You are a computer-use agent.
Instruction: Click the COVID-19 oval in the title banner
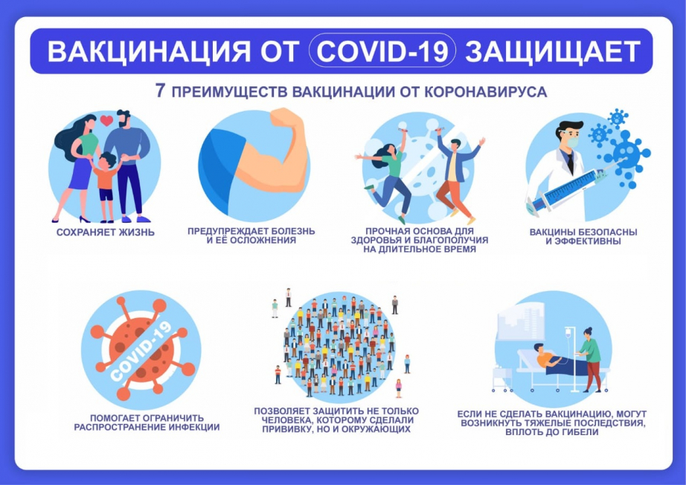(x=382, y=51)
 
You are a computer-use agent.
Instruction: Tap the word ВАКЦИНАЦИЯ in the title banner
(x=150, y=51)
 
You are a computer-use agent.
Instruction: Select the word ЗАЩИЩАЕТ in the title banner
(x=553, y=51)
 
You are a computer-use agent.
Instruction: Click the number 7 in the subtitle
(x=161, y=91)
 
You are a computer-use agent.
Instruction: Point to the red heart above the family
(x=106, y=120)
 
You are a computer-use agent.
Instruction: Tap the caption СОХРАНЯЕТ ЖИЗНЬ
(x=106, y=232)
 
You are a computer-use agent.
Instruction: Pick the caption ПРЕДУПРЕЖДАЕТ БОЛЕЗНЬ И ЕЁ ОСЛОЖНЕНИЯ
(x=251, y=235)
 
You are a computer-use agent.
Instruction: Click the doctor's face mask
(x=573, y=142)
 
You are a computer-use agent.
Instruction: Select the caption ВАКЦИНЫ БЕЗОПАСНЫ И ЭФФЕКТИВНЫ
(x=583, y=237)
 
